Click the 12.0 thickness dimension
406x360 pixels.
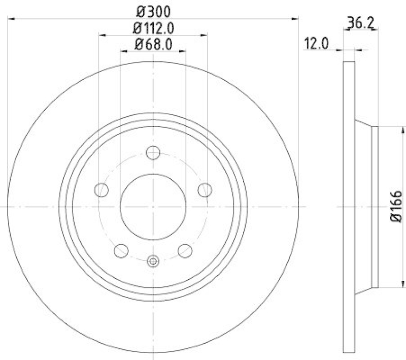(316, 44)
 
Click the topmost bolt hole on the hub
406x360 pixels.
(153, 152)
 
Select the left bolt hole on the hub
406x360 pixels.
(101, 190)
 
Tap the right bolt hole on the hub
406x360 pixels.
(205, 190)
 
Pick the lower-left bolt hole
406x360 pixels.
(121, 250)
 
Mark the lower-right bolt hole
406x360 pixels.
(185, 250)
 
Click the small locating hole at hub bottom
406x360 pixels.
(153, 261)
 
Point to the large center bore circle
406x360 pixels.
(153, 207)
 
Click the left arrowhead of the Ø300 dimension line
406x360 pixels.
(11, 19)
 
